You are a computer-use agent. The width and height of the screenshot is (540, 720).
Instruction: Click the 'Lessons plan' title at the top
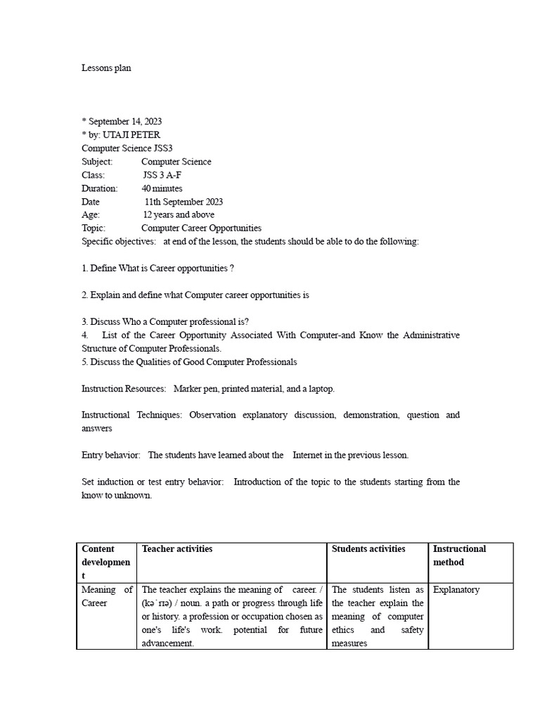coord(106,68)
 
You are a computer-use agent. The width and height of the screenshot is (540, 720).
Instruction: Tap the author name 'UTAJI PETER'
coord(136,135)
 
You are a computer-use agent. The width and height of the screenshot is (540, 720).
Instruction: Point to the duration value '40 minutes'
coord(162,188)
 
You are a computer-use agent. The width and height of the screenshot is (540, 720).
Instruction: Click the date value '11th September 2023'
coord(184,202)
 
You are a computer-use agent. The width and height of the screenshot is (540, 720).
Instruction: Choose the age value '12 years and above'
coord(179,214)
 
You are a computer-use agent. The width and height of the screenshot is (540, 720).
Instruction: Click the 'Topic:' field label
coord(94,228)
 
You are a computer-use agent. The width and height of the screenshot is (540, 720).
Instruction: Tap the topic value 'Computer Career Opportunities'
coord(201,228)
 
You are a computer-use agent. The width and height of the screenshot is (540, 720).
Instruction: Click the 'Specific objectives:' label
coord(119,241)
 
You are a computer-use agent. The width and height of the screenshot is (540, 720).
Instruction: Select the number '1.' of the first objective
coord(84,269)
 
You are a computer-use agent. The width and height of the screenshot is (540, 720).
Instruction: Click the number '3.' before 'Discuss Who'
coord(84,322)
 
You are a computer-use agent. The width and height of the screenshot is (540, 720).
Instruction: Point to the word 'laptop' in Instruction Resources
coord(321,389)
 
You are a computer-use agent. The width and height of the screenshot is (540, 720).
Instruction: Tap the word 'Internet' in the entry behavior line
coord(307,455)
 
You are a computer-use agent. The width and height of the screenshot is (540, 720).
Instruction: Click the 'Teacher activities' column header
coord(177,549)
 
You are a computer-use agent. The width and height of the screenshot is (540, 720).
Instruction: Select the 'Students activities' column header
coord(368,549)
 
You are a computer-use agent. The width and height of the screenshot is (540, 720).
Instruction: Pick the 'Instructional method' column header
coord(459,555)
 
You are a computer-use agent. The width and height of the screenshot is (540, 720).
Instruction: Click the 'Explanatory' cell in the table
coord(456,590)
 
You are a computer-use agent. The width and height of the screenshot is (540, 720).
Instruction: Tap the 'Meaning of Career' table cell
coord(107,596)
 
